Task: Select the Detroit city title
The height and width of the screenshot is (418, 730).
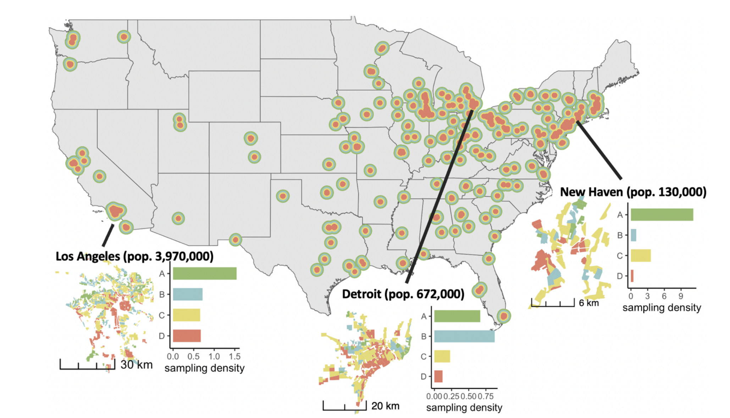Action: pyautogui.click(x=403, y=294)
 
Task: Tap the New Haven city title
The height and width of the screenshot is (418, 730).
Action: pyautogui.click(x=633, y=192)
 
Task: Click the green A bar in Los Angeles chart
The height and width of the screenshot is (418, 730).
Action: pyautogui.click(x=204, y=273)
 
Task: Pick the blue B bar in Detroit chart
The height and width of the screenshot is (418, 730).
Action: pyautogui.click(x=464, y=336)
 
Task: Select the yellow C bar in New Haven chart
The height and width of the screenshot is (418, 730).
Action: pyautogui.click(x=640, y=255)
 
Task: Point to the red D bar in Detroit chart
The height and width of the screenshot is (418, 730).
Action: pyautogui.click(x=438, y=376)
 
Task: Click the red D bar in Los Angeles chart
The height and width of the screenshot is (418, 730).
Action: pyautogui.click(x=187, y=335)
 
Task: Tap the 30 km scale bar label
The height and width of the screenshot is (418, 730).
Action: pyautogui.click(x=136, y=365)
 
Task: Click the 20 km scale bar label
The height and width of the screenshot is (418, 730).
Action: pyautogui.click(x=385, y=406)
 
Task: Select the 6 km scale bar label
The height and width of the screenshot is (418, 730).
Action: pyautogui.click(x=588, y=303)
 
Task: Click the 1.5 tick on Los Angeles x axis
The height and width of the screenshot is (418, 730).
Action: pyautogui.click(x=234, y=356)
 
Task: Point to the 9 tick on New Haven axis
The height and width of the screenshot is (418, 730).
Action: pyautogui.click(x=680, y=296)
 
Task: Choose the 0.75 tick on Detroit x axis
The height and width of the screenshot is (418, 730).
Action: pyautogui.click(x=487, y=396)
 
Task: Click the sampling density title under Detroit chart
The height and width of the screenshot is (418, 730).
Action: pyautogui.click(x=464, y=408)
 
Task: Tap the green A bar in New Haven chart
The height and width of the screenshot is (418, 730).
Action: pyautogui.click(x=662, y=215)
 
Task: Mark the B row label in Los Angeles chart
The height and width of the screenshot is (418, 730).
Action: pyautogui.click(x=162, y=294)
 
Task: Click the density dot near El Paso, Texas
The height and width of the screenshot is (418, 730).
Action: pyautogui.click(x=235, y=240)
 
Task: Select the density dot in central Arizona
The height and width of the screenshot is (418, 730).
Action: pyautogui.click(x=178, y=218)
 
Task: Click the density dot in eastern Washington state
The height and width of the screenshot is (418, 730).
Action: pyautogui.click(x=123, y=36)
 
